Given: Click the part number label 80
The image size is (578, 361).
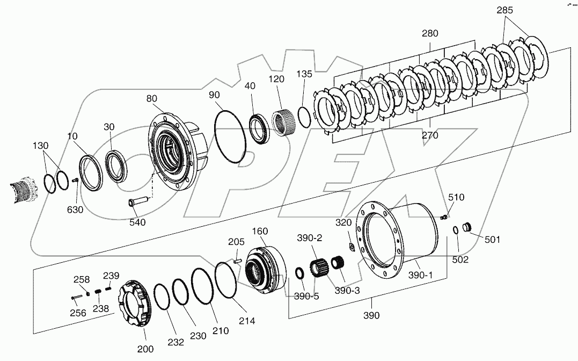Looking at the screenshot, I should click(151, 98).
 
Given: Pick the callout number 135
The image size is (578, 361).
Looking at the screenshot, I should click(304, 74).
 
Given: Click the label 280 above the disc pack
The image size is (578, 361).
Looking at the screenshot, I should click(429, 33).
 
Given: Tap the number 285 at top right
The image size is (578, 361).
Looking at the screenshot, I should click(505, 10).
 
